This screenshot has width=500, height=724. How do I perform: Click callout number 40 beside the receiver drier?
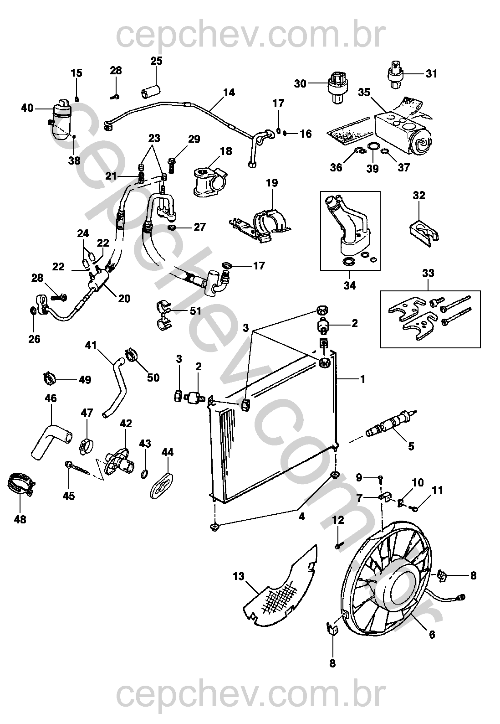tap(27, 108)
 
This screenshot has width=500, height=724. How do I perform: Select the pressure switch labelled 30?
tap(337, 83)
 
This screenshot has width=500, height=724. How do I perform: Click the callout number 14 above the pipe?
tap(229, 93)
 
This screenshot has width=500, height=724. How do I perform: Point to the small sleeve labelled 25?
tap(151, 91)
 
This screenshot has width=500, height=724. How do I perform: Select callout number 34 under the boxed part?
tap(350, 286)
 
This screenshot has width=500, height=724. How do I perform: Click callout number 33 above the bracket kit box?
tap(428, 273)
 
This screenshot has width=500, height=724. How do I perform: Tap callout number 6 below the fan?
tap(432, 634)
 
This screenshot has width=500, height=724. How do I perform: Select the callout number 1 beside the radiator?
tap(362, 378)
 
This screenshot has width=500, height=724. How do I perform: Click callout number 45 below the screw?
tap(68, 496)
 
